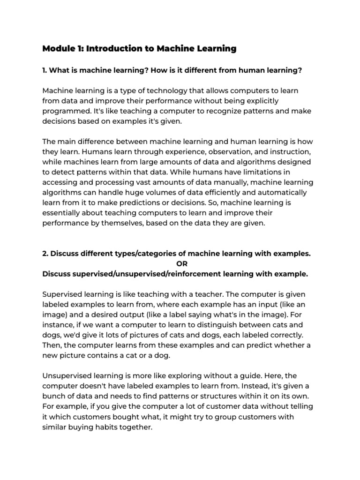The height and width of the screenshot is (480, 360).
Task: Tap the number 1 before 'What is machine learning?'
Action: pyautogui.click(x=44, y=70)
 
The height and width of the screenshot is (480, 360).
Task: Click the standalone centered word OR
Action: pyautogui.click(x=181, y=264)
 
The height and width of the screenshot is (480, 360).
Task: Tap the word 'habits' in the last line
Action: pyautogui.click(x=109, y=427)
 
